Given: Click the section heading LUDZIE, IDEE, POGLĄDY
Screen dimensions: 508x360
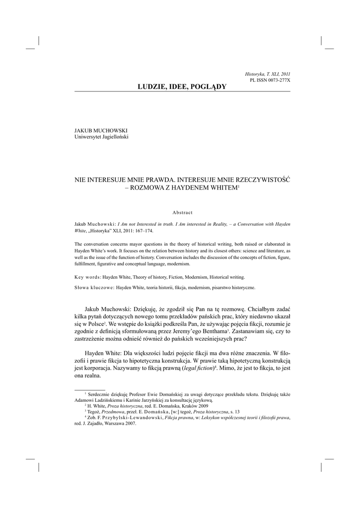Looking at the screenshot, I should [181, 87].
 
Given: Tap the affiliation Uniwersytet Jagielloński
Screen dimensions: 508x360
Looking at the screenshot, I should [101, 137].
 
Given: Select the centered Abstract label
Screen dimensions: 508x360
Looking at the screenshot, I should [182, 212].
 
